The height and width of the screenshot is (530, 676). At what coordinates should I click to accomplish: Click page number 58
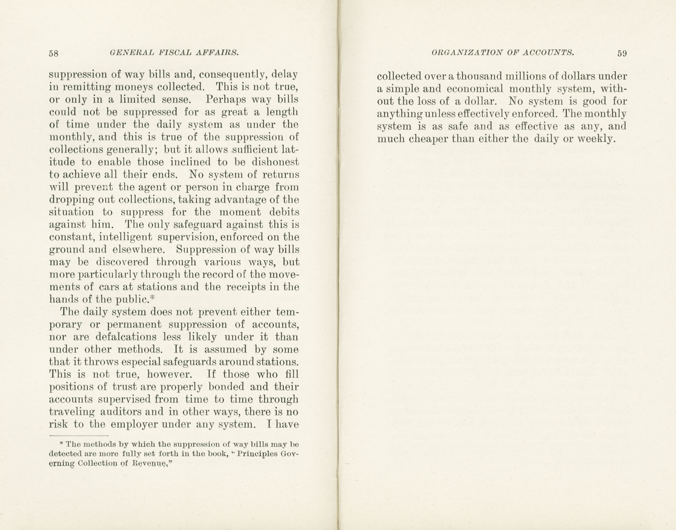coord(54,53)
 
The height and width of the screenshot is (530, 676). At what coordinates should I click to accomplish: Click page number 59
coord(622,53)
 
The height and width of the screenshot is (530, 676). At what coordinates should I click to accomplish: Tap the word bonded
coord(228,387)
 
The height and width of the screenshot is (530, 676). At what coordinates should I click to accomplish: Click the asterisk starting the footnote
coord(61,444)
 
